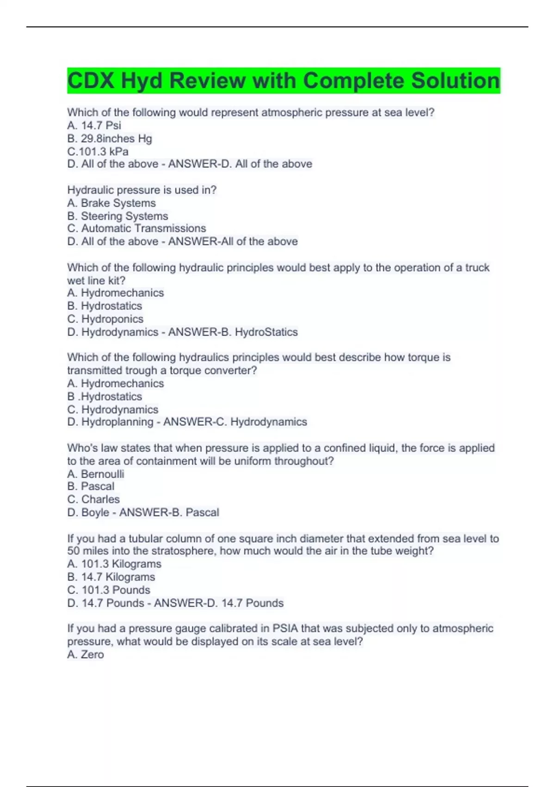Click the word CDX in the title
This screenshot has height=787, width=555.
[91, 81]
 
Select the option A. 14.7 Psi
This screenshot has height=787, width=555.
[94, 125]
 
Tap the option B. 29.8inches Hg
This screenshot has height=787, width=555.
[110, 138]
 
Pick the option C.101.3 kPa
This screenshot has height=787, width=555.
[98, 151]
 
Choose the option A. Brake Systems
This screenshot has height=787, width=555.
[111, 203]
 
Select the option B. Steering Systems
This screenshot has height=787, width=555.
[117, 216]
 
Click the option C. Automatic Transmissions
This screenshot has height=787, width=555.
[136, 228]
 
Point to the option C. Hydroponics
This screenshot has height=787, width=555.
[105, 319]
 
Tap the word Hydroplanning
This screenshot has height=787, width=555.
[117, 422]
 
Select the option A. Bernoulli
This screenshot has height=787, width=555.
[95, 474]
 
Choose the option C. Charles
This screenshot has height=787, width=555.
[93, 500]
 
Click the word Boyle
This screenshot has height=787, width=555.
[95, 512]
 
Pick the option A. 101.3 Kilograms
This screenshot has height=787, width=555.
[114, 564]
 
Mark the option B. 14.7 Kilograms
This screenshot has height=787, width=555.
[111, 577]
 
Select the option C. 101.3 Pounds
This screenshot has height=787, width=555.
[109, 590]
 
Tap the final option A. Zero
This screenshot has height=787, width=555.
[86, 655]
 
